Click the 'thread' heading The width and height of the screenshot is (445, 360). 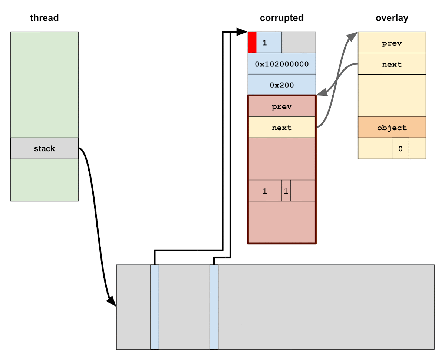[44, 18]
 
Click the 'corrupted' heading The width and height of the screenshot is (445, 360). [281, 18]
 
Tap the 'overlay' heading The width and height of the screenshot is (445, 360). [392, 18]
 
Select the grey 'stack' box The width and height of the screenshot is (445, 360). [44, 148]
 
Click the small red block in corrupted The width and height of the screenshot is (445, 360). [252, 42]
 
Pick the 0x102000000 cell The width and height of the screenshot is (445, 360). [282, 64]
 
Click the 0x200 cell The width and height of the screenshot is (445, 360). [282, 85]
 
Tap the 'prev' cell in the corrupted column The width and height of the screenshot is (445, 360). [282, 107]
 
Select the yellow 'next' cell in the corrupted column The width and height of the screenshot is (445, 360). [282, 128]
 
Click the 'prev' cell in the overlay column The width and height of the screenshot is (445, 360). [392, 43]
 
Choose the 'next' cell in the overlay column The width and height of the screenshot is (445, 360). [392, 64]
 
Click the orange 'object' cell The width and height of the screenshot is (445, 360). [392, 128]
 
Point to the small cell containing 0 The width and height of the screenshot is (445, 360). [400, 148]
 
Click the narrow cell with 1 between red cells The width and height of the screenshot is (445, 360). [286, 191]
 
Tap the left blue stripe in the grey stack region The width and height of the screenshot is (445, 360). [155, 307]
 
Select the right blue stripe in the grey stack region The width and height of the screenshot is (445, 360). [214, 307]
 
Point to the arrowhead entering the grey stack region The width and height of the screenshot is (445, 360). [112, 302]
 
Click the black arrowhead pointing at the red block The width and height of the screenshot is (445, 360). [243, 32]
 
